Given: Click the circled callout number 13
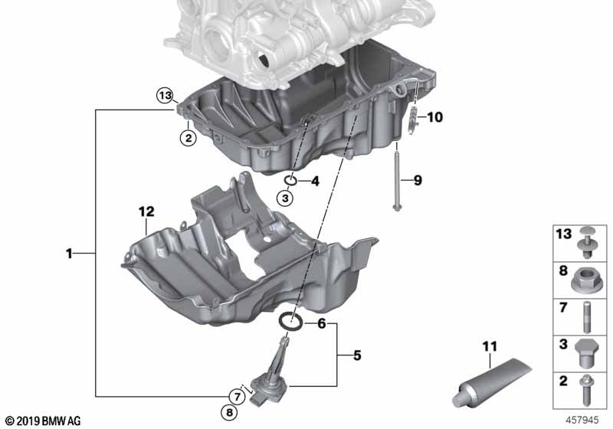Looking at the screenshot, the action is (165, 95).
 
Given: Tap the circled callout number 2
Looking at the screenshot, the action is (188, 138).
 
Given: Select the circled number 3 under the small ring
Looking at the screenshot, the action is (285, 198).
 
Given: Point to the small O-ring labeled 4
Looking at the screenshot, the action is (290, 180).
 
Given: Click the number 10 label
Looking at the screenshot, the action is (434, 117).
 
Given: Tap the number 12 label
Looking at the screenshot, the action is (146, 211).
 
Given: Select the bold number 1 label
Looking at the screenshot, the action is (69, 254).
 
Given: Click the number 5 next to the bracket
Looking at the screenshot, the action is (357, 355).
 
